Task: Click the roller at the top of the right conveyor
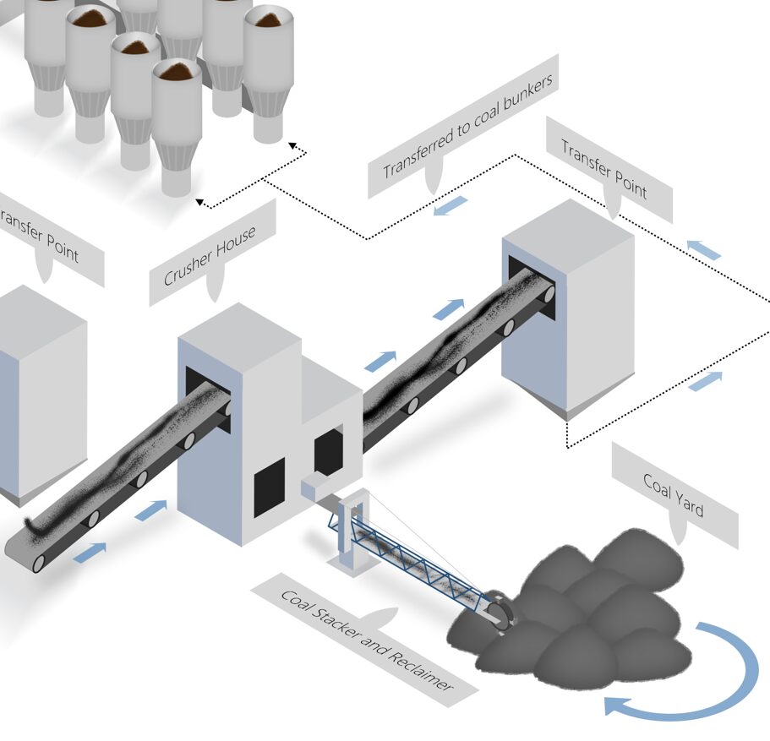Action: click(x=549, y=294)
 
